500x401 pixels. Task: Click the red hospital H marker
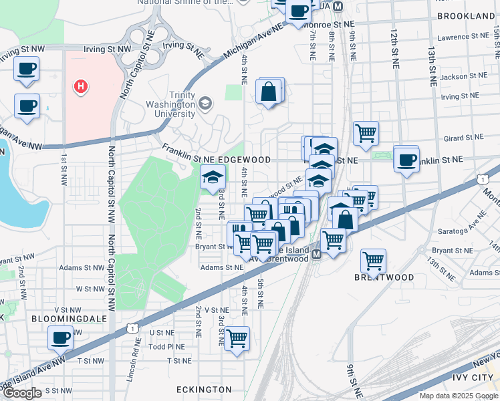click(x=81, y=86)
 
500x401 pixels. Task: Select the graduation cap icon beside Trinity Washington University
click(x=205, y=103)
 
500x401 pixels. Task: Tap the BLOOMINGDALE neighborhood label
click(x=69, y=319)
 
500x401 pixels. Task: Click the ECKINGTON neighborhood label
click(x=204, y=389)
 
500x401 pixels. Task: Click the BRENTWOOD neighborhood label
click(x=384, y=277)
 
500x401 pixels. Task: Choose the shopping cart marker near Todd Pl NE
click(x=237, y=339)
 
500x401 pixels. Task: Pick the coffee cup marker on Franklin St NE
click(x=406, y=160)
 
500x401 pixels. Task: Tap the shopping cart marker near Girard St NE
click(x=366, y=134)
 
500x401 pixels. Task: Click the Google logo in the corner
click(x=22, y=393)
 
